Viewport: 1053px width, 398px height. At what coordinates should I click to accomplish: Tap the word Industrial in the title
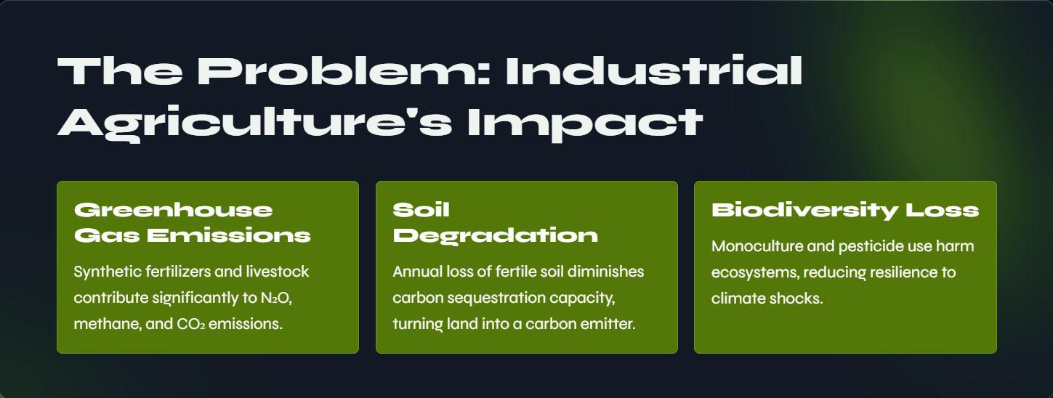coord(654,70)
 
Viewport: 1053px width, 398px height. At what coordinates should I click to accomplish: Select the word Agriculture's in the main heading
coord(254,123)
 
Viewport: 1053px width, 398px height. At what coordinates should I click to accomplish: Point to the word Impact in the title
coord(585,123)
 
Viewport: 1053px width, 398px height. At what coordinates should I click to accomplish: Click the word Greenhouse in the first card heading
coord(174,210)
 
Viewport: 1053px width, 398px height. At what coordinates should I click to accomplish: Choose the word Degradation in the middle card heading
coord(495,235)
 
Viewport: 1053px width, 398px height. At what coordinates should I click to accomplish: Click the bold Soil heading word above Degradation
coord(421,210)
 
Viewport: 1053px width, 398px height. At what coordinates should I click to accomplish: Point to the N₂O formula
coord(276,298)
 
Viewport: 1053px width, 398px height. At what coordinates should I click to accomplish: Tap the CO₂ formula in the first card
coord(190,324)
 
